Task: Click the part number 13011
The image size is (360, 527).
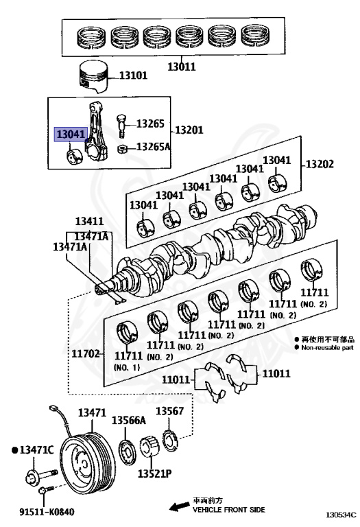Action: (181, 67)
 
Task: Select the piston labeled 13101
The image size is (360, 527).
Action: (93, 77)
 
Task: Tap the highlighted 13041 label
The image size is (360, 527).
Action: (71, 134)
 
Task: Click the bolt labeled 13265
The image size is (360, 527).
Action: (121, 126)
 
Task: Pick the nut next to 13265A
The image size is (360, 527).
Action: (122, 148)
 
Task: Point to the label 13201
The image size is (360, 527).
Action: (189, 130)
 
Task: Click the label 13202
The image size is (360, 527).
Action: (320, 164)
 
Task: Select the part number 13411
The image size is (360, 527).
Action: (89, 222)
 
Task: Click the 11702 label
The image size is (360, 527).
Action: (86, 353)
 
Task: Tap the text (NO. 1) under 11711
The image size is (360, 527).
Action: (127, 367)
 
